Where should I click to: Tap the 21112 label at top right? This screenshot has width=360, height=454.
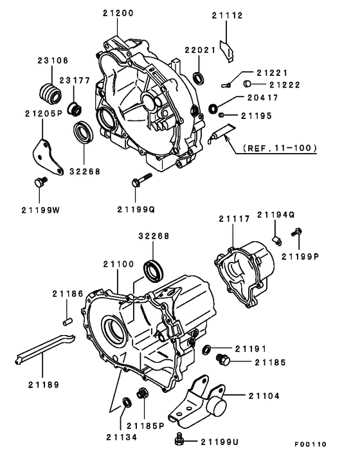[228, 16]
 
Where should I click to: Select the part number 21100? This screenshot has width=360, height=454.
[118, 264]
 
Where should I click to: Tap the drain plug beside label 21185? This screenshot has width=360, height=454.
[223, 359]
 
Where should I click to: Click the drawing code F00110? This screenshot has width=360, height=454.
[311, 444]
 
